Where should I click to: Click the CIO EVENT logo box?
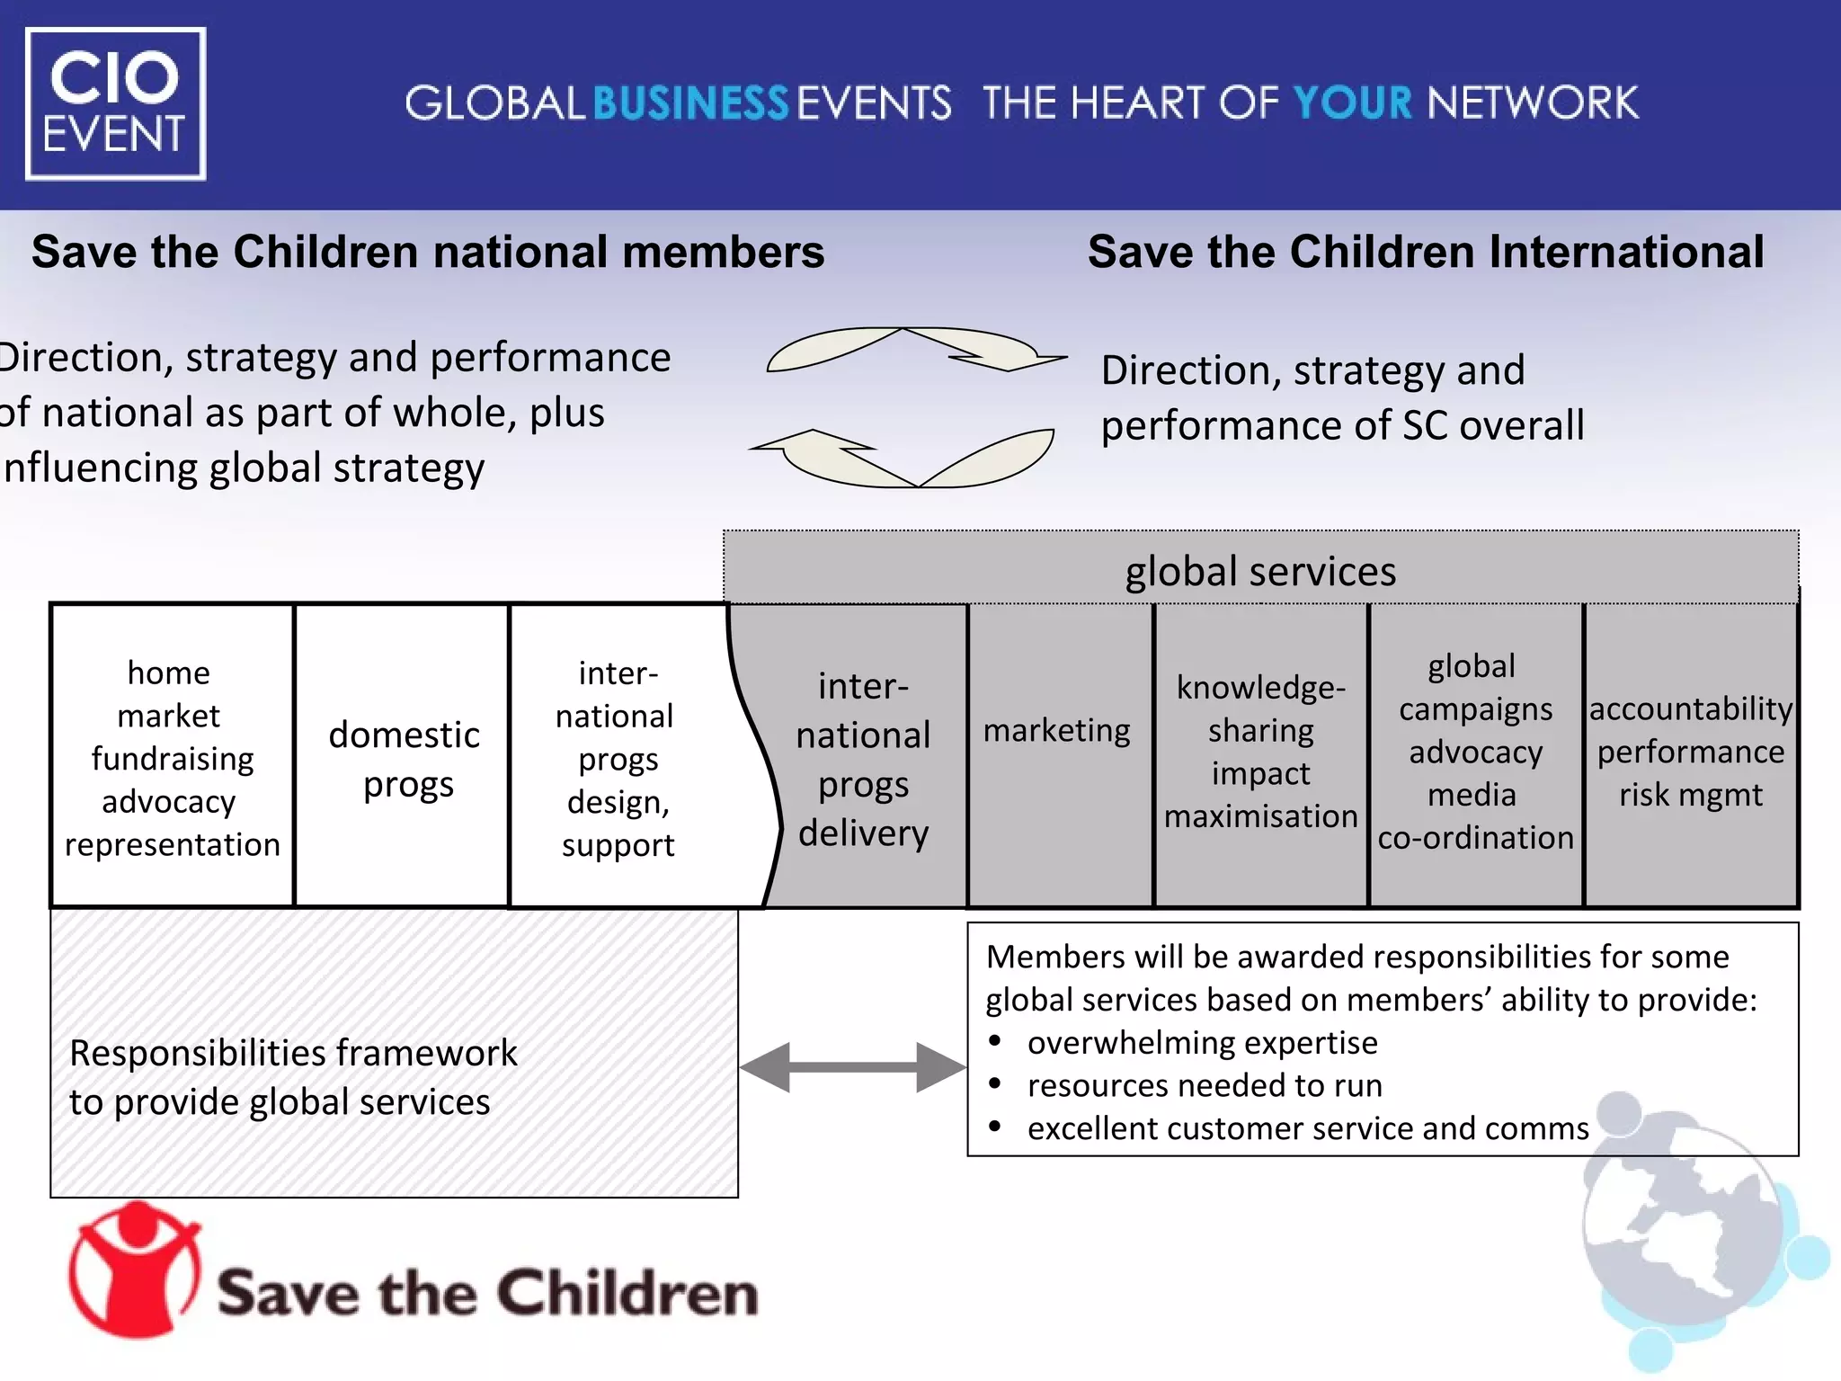(115, 103)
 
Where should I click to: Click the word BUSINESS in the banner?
(690, 103)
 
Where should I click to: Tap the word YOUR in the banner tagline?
(1352, 103)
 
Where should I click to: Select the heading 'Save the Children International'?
(1426, 252)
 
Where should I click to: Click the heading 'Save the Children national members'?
(428, 252)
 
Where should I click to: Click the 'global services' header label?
(1260, 571)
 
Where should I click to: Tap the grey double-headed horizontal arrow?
(852, 1067)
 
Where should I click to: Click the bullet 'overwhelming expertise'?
(1202, 1043)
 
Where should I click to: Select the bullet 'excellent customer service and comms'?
(1308, 1128)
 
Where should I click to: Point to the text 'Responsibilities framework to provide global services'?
(293, 1077)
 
